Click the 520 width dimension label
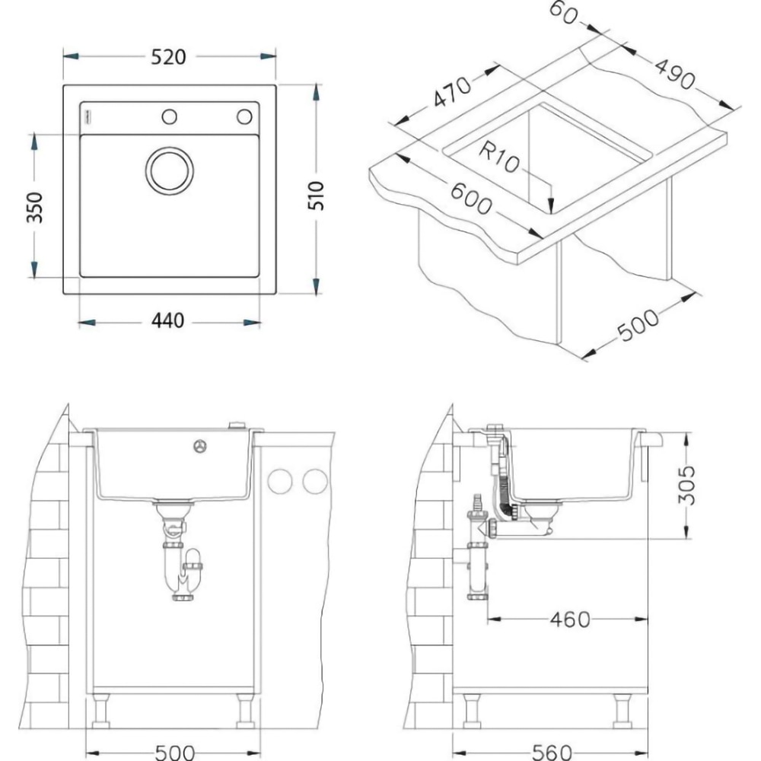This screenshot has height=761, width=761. click(168, 57)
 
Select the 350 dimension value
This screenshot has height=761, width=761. click(33, 208)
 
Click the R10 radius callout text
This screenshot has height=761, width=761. click(499, 158)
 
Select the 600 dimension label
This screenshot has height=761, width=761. click(471, 200)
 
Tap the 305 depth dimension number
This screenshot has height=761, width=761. click(687, 485)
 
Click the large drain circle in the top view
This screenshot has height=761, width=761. click(168, 170)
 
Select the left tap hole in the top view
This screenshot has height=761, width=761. click(169, 116)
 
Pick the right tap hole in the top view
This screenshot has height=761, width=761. click(244, 116)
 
